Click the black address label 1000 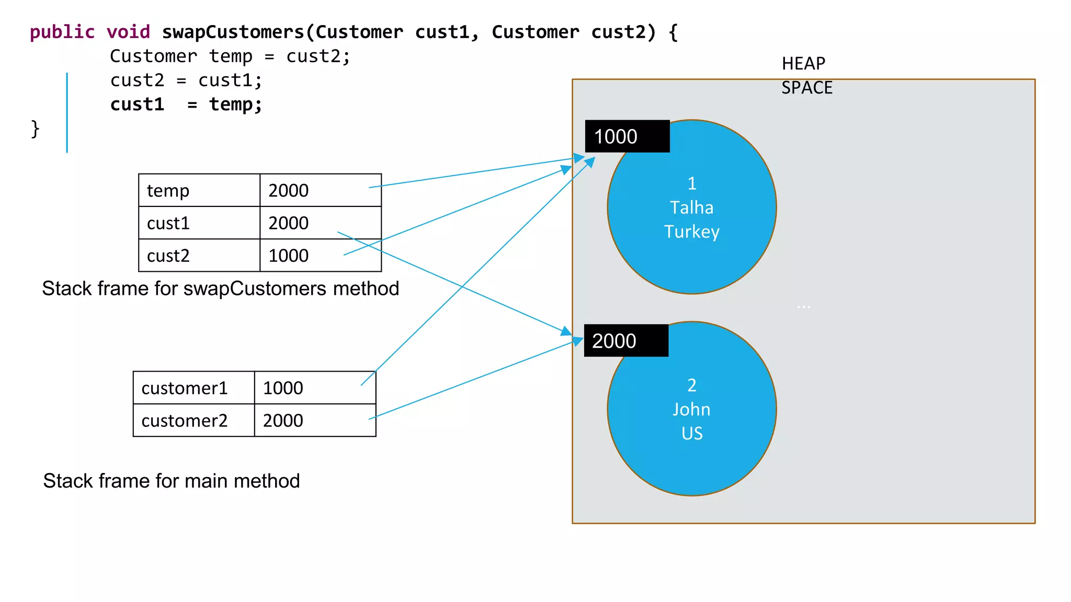626,136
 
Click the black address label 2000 625,341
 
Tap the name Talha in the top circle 691,207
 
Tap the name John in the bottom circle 691,409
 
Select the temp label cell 199,191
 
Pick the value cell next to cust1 320,223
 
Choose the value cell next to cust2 320,256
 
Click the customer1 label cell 193,388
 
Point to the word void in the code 128,32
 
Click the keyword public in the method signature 62,32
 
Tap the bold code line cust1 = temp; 186,105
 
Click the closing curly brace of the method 35,129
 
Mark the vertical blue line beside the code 67,112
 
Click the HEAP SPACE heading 806,75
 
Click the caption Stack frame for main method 172,481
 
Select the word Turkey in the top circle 691,231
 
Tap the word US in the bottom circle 691,433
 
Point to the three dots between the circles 803,307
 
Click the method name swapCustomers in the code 233,32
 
